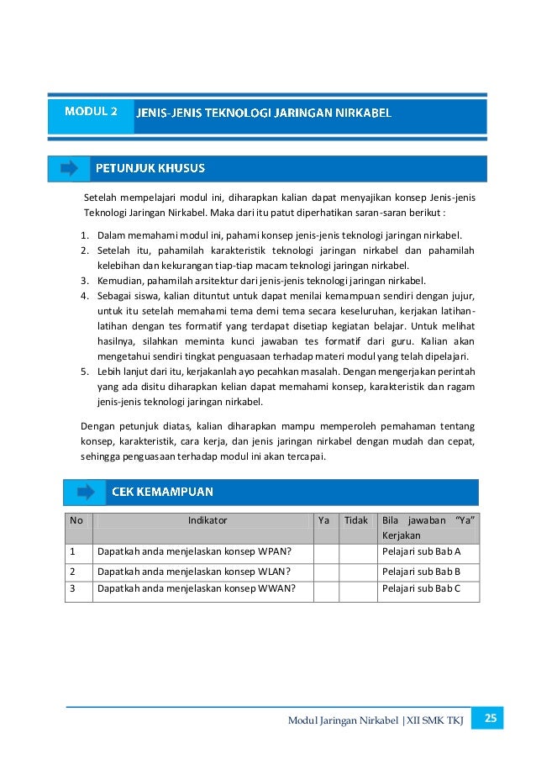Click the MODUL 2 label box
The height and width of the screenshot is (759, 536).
pos(91,110)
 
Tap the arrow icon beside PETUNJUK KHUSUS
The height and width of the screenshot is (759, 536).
pos(69,168)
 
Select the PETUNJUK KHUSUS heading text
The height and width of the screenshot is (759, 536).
pos(150,168)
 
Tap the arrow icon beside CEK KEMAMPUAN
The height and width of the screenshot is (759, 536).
pos(85,492)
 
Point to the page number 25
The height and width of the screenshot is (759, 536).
pos(491,719)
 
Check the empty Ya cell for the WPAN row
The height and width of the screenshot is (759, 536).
pos(326,551)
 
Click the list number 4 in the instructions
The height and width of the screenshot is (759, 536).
pos(85,296)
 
